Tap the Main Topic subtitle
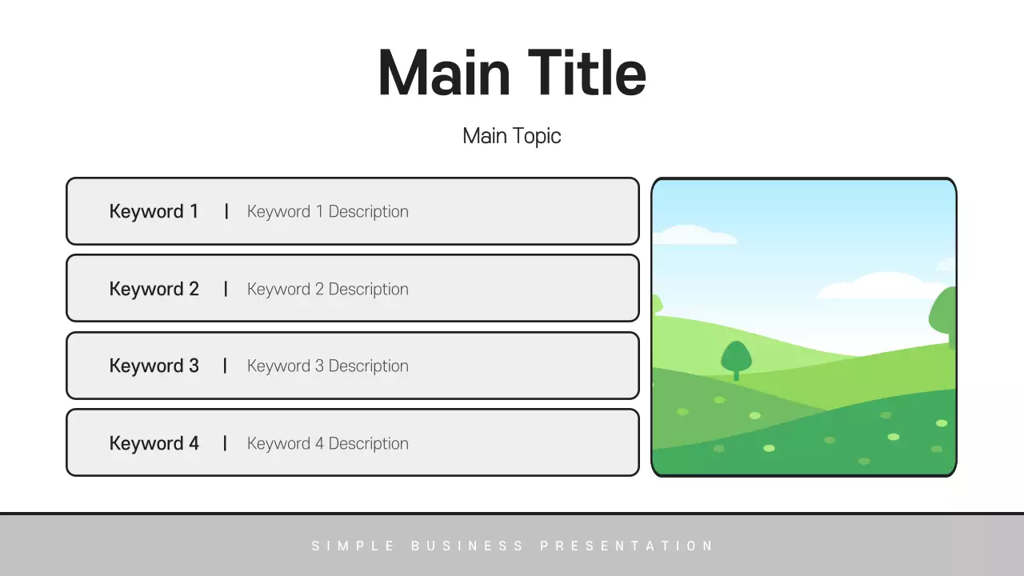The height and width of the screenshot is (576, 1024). [x=512, y=136]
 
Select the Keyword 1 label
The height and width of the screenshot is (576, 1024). [x=154, y=212]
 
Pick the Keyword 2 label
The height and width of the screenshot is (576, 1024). [x=154, y=290]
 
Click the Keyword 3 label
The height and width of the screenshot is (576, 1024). [x=154, y=366]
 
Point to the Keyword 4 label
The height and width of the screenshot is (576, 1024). [x=154, y=444]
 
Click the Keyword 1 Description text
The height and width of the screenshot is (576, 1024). [x=327, y=212]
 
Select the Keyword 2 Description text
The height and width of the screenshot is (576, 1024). [x=327, y=290]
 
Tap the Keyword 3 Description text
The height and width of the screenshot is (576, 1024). [x=327, y=366]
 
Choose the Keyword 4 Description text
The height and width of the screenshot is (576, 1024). [x=327, y=444]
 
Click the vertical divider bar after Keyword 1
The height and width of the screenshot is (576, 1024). [x=226, y=211]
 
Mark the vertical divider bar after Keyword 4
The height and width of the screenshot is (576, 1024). [x=226, y=443]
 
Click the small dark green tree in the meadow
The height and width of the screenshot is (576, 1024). [x=736, y=358]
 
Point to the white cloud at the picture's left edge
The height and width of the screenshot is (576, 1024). [x=692, y=235]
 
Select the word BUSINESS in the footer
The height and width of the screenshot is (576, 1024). [x=468, y=546]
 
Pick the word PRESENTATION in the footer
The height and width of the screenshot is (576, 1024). [x=626, y=546]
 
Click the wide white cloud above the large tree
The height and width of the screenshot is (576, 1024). [x=880, y=286]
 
